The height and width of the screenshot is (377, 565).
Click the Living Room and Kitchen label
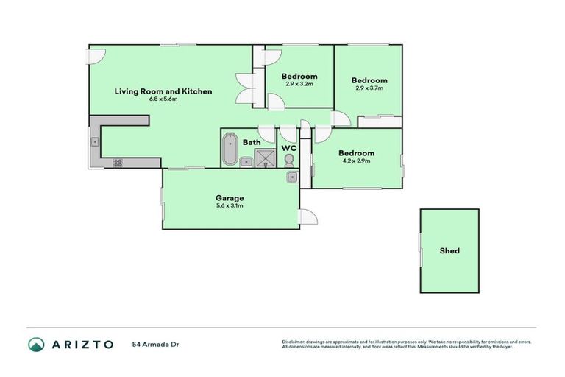pos(163,91)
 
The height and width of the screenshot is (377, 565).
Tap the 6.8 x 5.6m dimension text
pos(163,99)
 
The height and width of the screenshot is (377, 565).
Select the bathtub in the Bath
pos(230,149)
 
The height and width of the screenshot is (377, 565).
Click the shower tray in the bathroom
pos(263,158)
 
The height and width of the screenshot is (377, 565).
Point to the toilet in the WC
pos(289,160)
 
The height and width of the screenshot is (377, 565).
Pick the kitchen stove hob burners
pos(118,163)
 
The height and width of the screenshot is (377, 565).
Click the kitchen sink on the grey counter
pos(95,141)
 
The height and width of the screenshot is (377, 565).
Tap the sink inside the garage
pos(292,177)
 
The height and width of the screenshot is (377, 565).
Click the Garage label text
pos(230,198)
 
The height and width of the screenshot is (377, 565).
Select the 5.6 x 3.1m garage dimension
pos(230,205)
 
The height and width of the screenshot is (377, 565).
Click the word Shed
pos(449,251)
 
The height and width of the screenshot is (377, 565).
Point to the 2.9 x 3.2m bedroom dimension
pos(299,84)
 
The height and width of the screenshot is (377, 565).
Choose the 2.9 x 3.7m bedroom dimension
pos(369,88)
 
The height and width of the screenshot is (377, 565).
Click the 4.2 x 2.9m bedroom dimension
pos(357,161)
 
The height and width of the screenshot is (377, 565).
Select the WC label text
pos(289,148)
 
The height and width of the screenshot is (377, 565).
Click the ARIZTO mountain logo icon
pos(36,345)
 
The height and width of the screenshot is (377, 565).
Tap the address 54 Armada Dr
pos(155,345)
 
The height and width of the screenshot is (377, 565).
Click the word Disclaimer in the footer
pos(294,342)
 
